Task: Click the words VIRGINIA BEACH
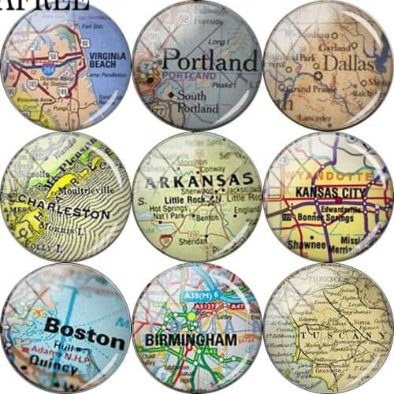click(109, 61)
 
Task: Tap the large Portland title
click(210, 61)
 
